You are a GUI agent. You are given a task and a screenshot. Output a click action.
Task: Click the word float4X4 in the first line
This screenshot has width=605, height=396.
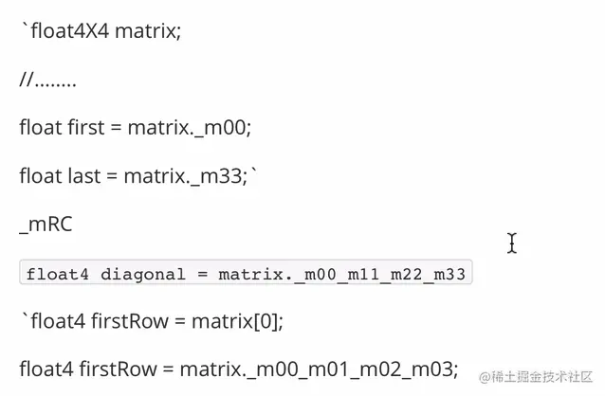click(x=68, y=31)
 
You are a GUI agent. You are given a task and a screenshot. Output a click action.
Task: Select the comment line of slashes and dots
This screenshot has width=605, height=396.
click(x=47, y=81)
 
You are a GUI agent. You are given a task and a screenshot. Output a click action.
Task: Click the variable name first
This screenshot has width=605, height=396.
click(x=87, y=127)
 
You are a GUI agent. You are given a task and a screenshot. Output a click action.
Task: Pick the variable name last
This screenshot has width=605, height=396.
click(x=85, y=175)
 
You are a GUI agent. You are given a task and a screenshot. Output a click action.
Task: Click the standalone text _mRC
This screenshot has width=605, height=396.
click(x=46, y=225)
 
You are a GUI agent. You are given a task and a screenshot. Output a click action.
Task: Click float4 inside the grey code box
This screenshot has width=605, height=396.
click(x=59, y=275)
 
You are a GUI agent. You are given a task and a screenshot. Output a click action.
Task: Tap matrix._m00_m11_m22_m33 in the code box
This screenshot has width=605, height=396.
click(x=342, y=275)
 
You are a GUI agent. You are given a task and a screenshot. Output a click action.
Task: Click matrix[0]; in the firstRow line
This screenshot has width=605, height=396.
click(x=236, y=321)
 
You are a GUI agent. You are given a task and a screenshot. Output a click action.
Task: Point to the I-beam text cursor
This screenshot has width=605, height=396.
click(x=512, y=243)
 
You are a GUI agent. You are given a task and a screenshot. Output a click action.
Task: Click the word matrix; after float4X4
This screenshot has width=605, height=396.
click(x=147, y=31)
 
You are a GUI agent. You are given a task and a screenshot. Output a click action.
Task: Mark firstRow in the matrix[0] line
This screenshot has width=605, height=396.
click(x=128, y=321)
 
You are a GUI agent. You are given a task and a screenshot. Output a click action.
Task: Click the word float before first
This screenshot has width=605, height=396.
click(x=40, y=127)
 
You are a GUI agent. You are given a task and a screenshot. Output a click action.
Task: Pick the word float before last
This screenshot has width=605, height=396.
click(x=40, y=175)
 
